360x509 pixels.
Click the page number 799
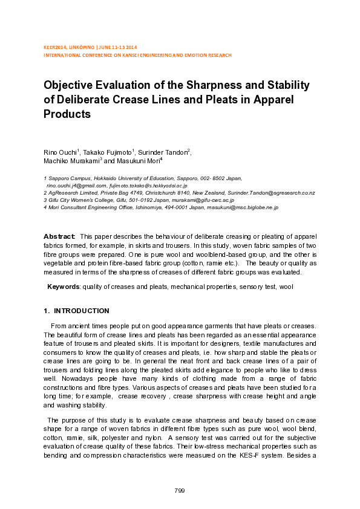(x=179, y=490)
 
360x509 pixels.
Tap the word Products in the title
(x=67, y=114)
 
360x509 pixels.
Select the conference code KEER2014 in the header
(x=57, y=47)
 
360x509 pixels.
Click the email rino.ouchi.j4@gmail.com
(x=72, y=186)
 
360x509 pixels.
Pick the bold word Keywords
(x=63, y=287)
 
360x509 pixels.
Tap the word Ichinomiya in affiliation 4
(x=134, y=207)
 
